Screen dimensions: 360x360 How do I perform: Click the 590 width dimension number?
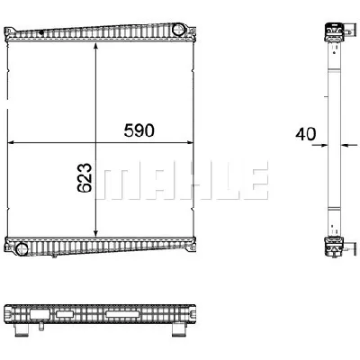(x=139, y=130)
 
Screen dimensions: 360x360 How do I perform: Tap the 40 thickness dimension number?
(x=306, y=134)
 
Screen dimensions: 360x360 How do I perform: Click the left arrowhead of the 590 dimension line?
(x=12, y=142)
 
